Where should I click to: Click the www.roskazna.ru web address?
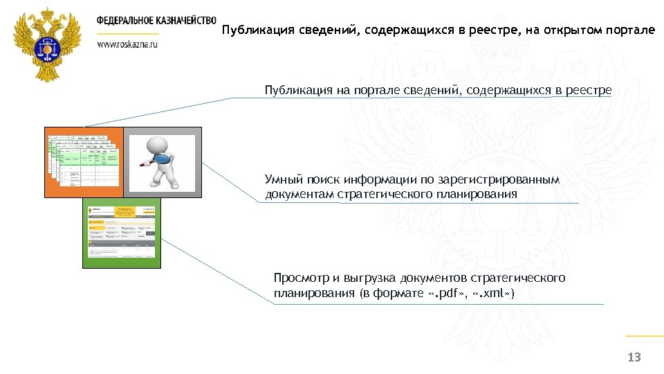point(128,43)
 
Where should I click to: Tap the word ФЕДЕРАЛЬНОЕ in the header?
point(122,20)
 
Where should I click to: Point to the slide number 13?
point(634,357)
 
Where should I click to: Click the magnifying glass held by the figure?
point(163,160)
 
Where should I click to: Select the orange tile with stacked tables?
point(84,162)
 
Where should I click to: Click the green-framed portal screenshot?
point(122,233)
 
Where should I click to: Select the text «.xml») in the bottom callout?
point(493,294)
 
